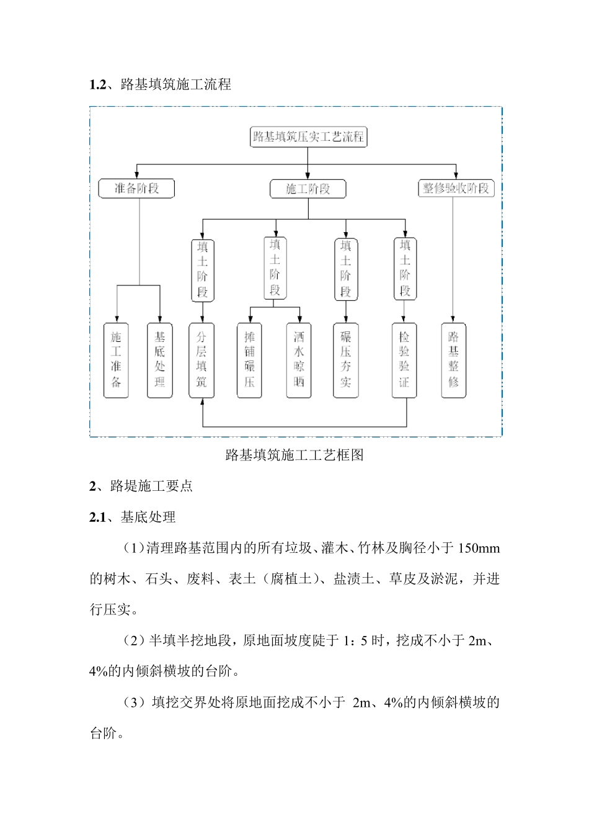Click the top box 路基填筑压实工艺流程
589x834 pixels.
click(308, 137)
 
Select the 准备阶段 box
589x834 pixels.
click(136, 189)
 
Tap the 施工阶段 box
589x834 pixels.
click(308, 189)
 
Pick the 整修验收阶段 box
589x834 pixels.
click(456, 189)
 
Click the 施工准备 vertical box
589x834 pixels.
click(116, 361)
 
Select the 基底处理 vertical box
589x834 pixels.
click(160, 361)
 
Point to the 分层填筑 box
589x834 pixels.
click(201, 361)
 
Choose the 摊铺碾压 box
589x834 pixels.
click(249, 361)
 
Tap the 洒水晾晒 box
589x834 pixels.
click(299, 361)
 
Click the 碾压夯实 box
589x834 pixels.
click(345, 361)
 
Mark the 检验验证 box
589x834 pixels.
click(404, 361)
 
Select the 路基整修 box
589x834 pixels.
click(453, 361)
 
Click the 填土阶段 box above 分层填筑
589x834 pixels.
click(203, 271)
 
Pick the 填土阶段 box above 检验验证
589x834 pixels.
click(405, 269)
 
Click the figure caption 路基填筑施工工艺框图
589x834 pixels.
click(294, 455)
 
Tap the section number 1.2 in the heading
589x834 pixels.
click(97, 85)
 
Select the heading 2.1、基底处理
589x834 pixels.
click(132, 518)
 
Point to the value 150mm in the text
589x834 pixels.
click(479, 549)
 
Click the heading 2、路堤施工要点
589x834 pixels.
click(141, 486)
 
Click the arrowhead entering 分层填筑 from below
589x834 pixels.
click(203, 402)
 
